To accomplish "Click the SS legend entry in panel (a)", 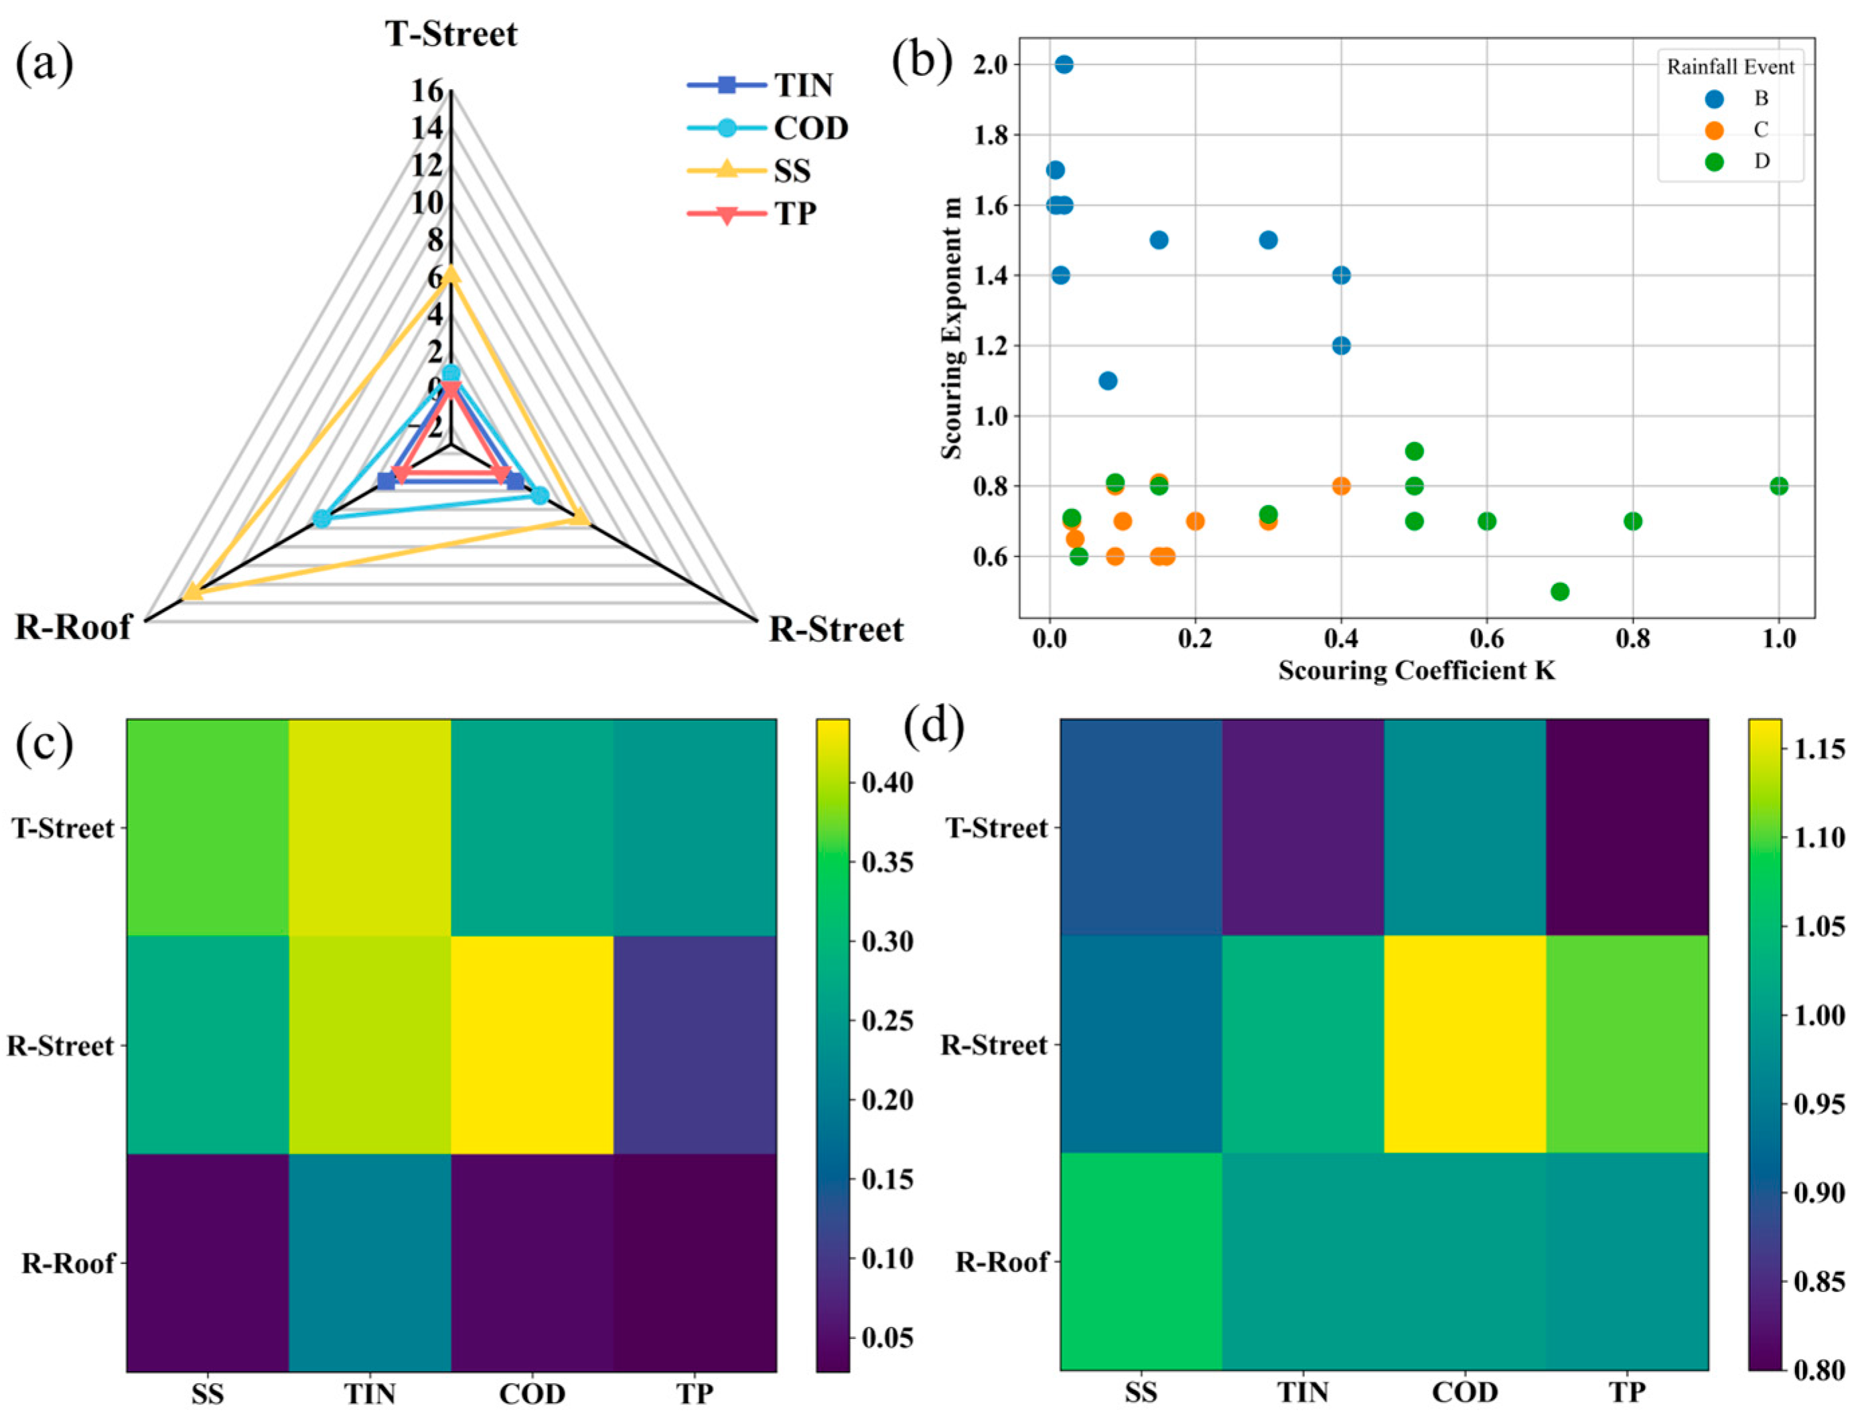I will point(792,171).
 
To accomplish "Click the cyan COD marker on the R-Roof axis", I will point(321,518).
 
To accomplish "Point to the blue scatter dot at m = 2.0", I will point(1064,65).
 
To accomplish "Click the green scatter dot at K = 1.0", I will point(1778,486).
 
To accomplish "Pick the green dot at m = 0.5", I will point(1559,591).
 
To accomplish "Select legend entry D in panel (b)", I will point(1762,161).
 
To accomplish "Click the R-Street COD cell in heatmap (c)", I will point(532,1044).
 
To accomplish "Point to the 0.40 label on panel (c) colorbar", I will point(887,783).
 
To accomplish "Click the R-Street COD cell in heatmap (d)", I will point(1465,1044).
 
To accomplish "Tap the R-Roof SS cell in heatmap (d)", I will point(1141,1262).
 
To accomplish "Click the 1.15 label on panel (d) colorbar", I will point(1820,748).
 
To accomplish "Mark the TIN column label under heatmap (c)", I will point(370,1394).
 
